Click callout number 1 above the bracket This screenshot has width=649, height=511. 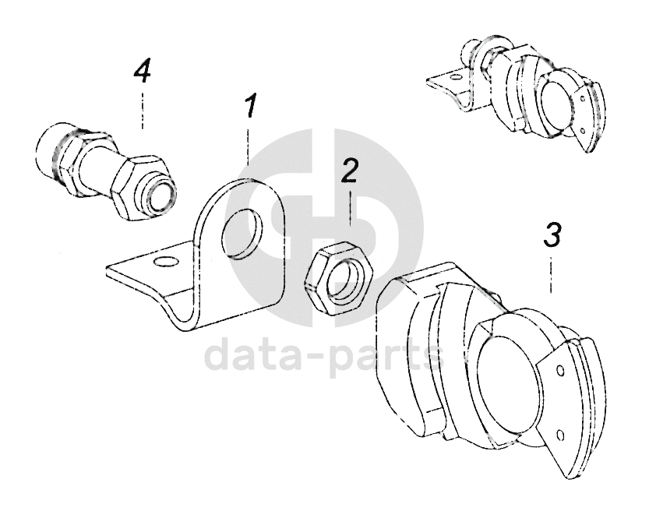tap(250, 106)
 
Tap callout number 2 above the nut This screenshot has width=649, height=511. tap(349, 170)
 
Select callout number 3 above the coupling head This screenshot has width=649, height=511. tap(552, 234)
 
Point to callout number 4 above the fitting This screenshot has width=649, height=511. tap(142, 72)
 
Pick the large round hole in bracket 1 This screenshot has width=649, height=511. tap(242, 234)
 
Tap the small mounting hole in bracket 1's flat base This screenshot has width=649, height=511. tap(164, 262)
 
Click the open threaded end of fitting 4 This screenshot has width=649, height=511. tap(162, 195)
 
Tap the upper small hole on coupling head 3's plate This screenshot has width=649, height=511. tap(560, 370)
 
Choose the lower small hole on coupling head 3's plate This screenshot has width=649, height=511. tap(560, 435)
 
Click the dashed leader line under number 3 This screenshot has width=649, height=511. tap(551, 275)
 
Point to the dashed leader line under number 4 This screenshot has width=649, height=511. tap(143, 111)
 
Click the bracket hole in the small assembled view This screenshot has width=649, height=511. tap(455, 76)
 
